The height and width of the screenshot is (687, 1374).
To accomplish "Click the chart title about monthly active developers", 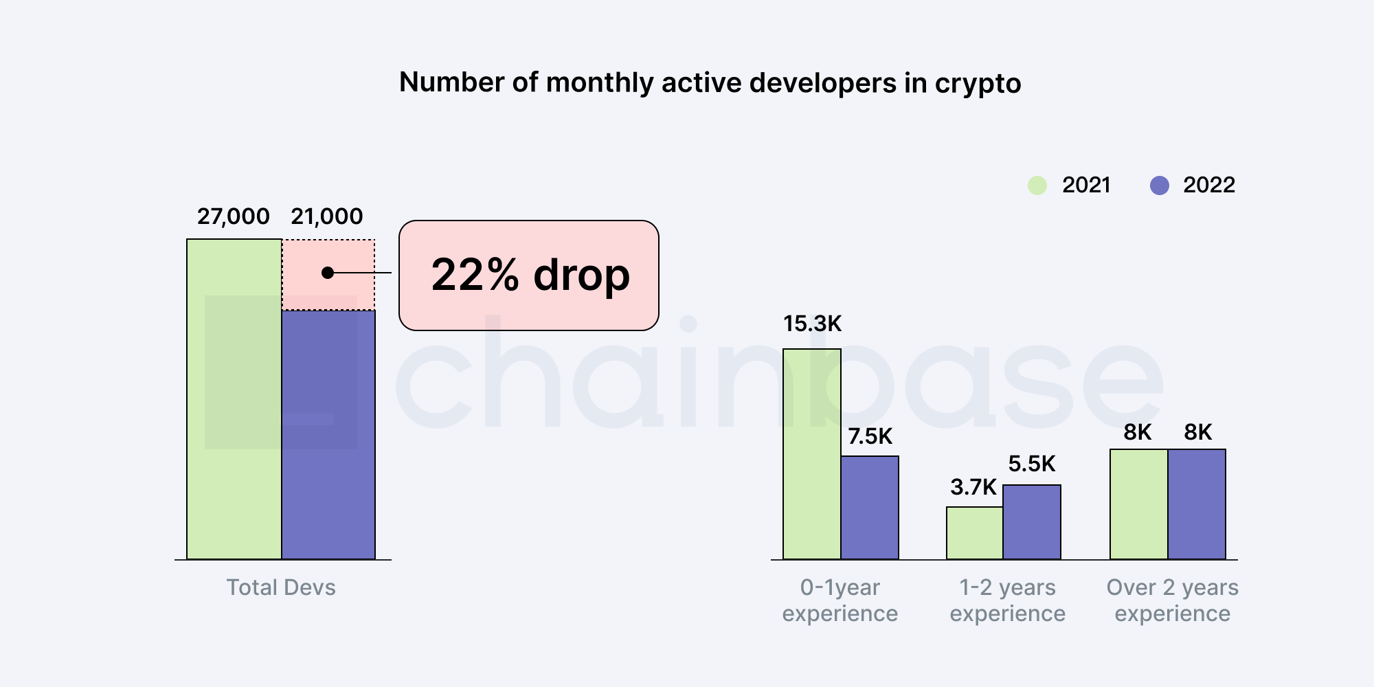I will [x=710, y=82].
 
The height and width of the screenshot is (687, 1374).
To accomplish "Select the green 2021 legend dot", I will [x=1037, y=185].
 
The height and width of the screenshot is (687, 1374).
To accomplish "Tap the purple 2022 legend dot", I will [x=1159, y=185].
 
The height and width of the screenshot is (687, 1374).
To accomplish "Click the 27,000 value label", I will [x=233, y=216].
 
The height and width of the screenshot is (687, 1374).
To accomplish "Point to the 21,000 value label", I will [x=326, y=216].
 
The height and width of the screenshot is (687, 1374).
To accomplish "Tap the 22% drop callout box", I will [x=528, y=275].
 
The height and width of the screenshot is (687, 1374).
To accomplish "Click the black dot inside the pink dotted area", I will [x=328, y=273].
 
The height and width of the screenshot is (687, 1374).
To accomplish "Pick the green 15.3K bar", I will [x=811, y=453].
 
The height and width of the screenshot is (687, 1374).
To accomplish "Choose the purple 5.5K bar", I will [x=1031, y=521].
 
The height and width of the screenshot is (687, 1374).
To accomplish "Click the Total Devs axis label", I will [x=281, y=587].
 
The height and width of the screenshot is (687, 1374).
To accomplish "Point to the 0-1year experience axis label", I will [x=840, y=600].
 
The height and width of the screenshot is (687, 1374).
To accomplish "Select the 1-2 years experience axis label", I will [x=1007, y=600].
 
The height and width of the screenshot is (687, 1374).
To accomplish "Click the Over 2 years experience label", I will [x=1172, y=600].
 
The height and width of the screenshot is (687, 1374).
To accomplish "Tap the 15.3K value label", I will [x=812, y=324].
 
